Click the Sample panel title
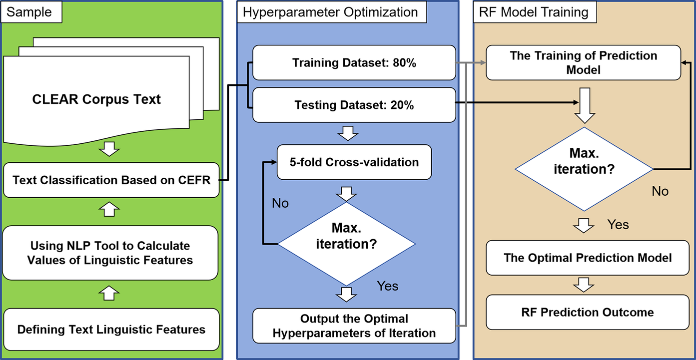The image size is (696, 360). coord(30,12)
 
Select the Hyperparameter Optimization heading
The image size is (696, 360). coord(330,12)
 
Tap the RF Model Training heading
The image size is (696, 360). coord(534,12)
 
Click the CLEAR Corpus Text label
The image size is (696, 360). coord(96,99)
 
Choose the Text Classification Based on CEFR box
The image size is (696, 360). coord(111,180)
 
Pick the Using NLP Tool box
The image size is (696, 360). coord(110,253)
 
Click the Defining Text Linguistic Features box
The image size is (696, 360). coord(111,330)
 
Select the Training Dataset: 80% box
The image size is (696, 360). coord(354,63)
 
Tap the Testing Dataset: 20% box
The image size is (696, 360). coord(354,105)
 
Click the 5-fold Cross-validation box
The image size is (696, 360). coord(354,162)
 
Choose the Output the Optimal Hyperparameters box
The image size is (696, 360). coord(354,326)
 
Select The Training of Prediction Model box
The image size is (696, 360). coord(583,62)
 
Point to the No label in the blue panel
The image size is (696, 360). coord(280,203)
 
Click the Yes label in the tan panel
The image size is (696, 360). coord(618,224)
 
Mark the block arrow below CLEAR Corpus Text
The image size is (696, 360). coord(110,149)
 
